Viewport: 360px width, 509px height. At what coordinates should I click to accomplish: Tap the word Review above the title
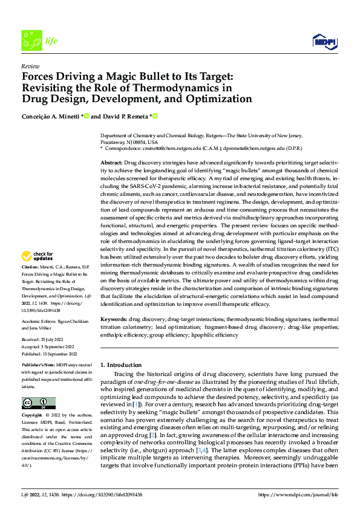[x=30, y=66]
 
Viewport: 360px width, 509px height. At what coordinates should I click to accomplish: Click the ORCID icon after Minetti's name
[x=87, y=116]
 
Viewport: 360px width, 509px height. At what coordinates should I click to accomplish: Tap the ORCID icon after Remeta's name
[x=154, y=116]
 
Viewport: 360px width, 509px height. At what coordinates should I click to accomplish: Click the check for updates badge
[x=38, y=256]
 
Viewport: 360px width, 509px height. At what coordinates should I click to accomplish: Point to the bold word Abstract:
[x=111, y=164]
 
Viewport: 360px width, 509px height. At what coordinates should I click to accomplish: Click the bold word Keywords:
[x=114, y=318]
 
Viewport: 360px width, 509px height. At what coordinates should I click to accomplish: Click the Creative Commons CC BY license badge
[x=38, y=403]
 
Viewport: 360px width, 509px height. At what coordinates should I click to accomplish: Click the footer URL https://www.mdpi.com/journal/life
[x=298, y=494]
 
